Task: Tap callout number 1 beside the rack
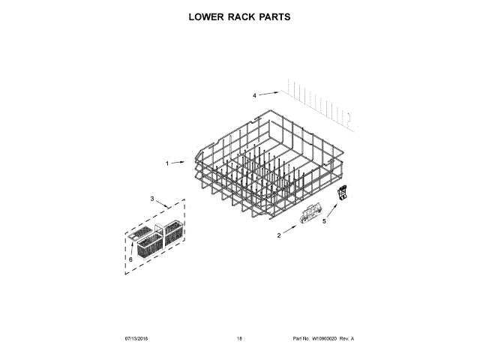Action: pos(167,163)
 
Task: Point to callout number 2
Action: pos(279,235)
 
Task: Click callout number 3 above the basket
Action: pos(152,199)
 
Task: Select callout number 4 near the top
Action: pos(254,96)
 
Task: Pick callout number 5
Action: pos(324,221)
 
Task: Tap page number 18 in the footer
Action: pos(239,339)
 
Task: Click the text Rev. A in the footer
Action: pos(346,339)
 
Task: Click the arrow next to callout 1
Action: pos(181,162)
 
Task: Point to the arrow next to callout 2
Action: pos(289,230)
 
